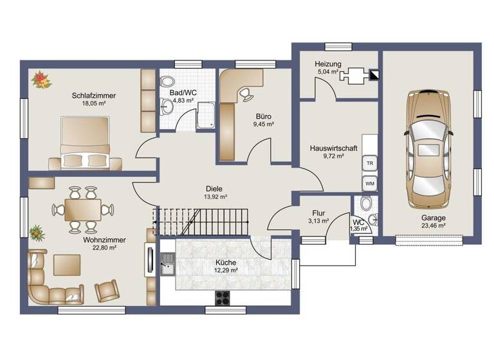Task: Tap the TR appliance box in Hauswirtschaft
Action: coord(370,163)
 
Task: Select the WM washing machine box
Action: coord(370,184)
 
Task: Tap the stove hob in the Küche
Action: coord(223,297)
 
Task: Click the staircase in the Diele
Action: coord(200,222)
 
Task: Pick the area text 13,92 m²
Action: coord(215,197)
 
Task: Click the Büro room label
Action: coord(264,116)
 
